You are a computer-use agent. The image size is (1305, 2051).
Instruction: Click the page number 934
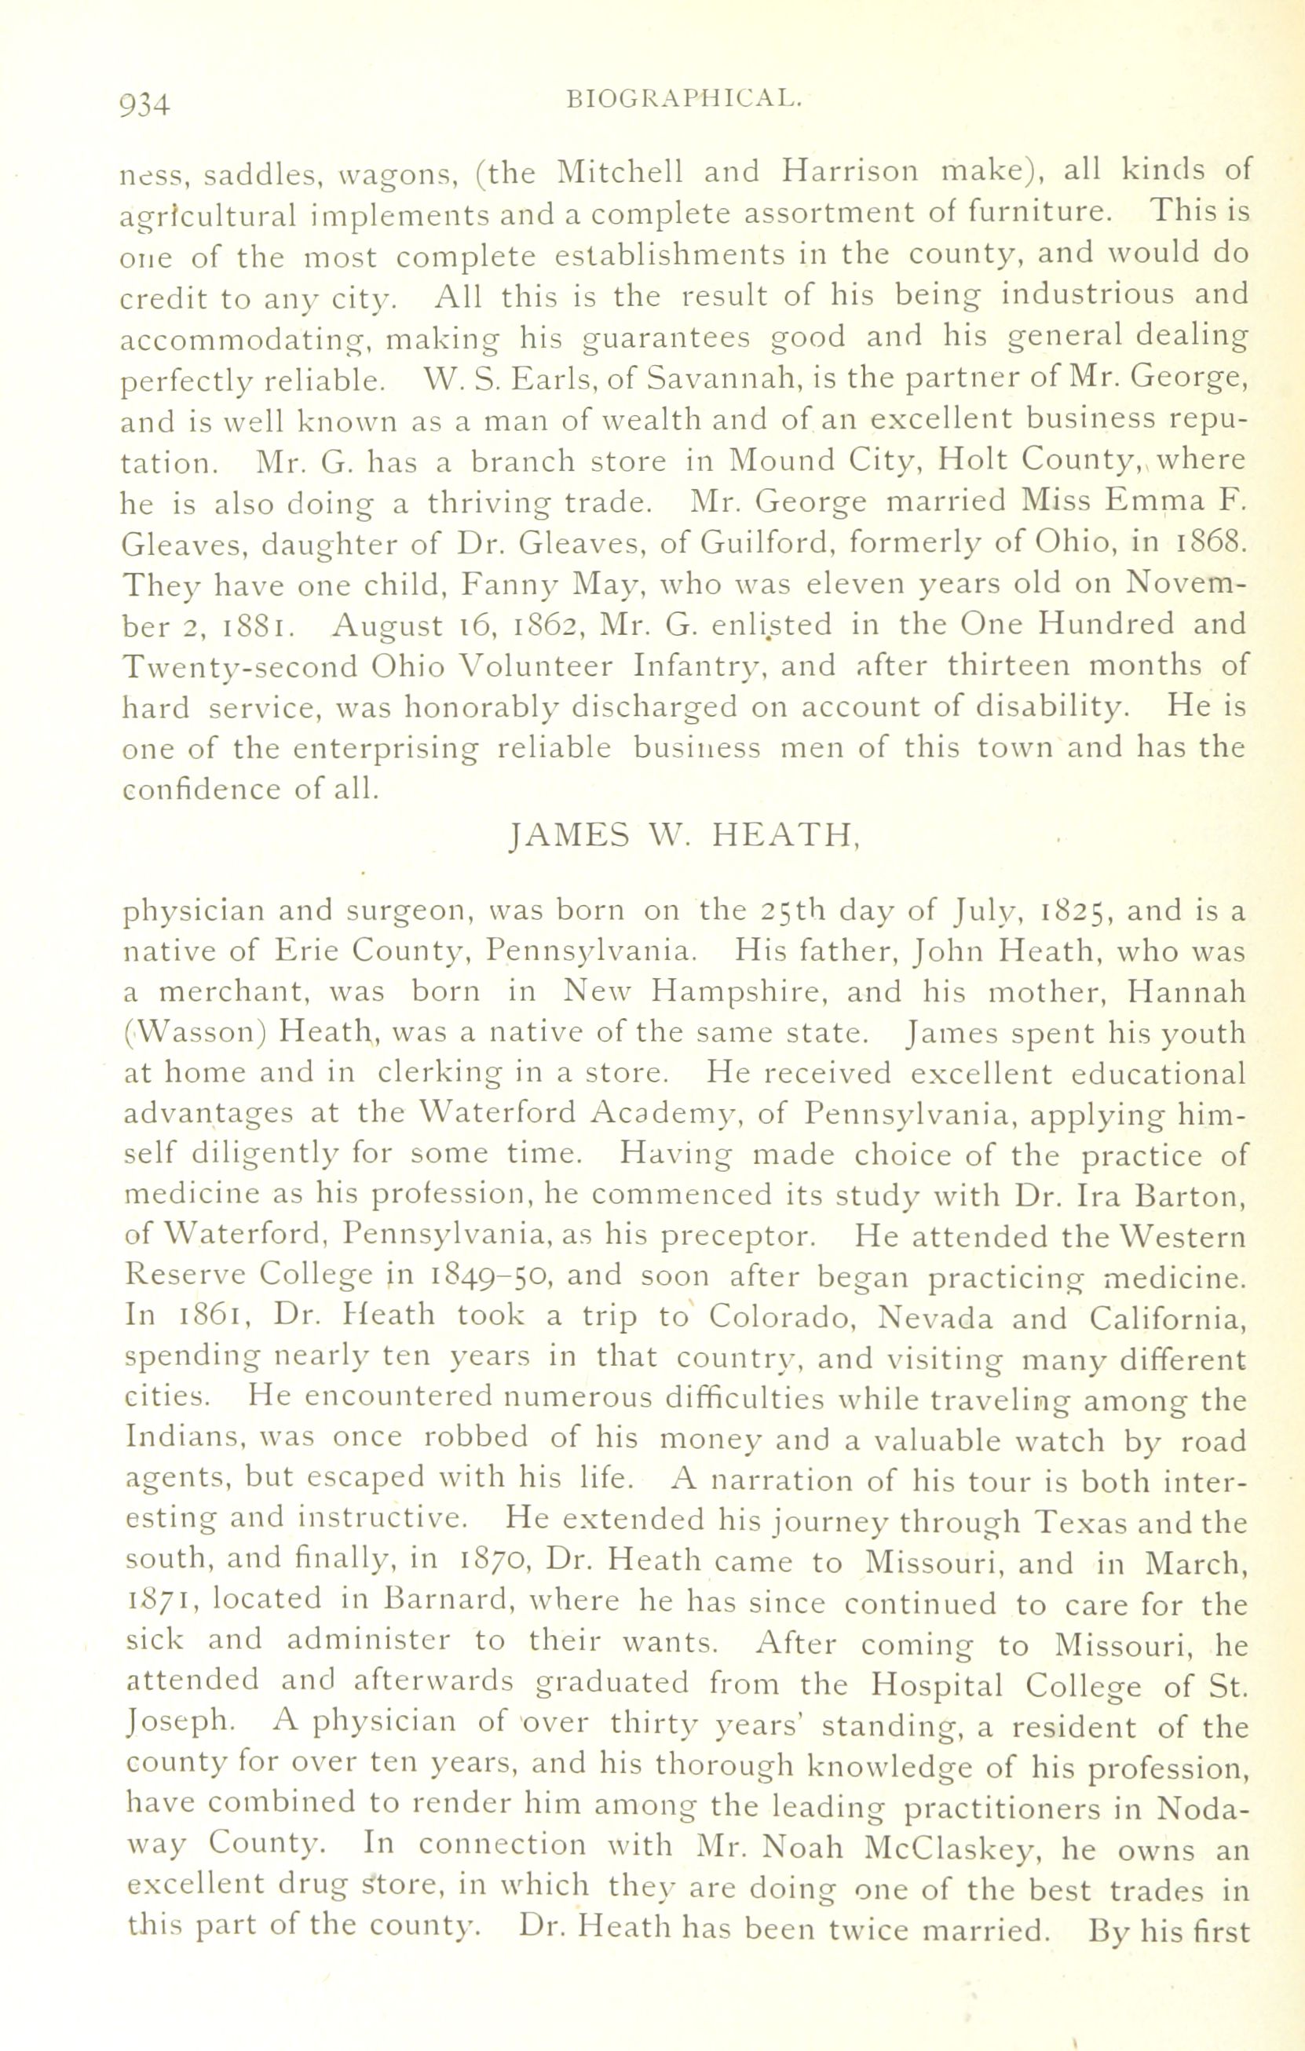(x=147, y=103)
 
